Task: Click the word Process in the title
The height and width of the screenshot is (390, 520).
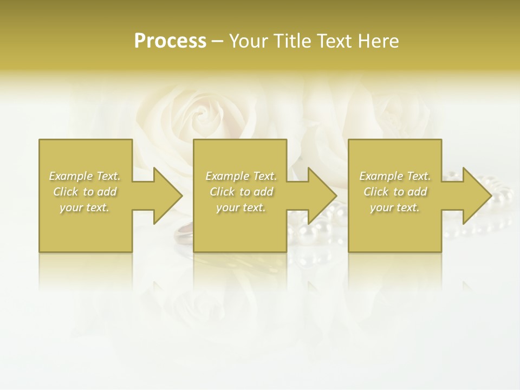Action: [170, 41]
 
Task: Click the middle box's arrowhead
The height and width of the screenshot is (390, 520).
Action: [323, 196]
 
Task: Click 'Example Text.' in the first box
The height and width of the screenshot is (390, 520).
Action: [84, 176]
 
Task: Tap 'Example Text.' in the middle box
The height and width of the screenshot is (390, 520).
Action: [240, 176]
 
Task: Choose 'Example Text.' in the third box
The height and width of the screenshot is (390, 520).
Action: [394, 176]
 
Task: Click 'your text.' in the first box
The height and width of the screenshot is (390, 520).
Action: [84, 207]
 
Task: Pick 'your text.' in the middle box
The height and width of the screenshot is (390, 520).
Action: [240, 207]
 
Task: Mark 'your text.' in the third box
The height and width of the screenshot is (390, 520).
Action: [394, 207]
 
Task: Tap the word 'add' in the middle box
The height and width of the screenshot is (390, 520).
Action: [263, 192]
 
